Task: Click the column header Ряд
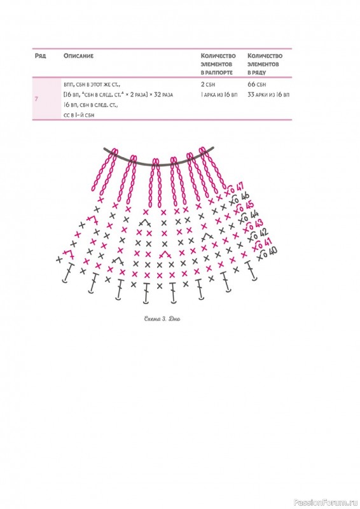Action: point(40,56)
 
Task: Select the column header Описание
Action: point(78,56)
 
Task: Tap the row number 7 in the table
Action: point(36,99)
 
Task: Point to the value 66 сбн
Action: point(257,85)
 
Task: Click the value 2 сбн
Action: point(208,85)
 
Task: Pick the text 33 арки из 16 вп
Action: point(268,95)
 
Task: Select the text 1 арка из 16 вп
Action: point(219,95)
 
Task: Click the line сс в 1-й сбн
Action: point(80,115)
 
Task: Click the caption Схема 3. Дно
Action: point(162,319)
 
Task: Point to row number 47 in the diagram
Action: point(240,187)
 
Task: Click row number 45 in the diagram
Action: point(249,205)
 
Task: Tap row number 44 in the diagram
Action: point(254,214)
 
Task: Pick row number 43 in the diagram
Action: point(259,223)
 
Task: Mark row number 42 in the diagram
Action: point(263,232)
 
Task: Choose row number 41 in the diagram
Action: point(268,242)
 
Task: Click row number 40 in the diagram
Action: point(273,251)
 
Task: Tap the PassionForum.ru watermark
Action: point(326,503)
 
